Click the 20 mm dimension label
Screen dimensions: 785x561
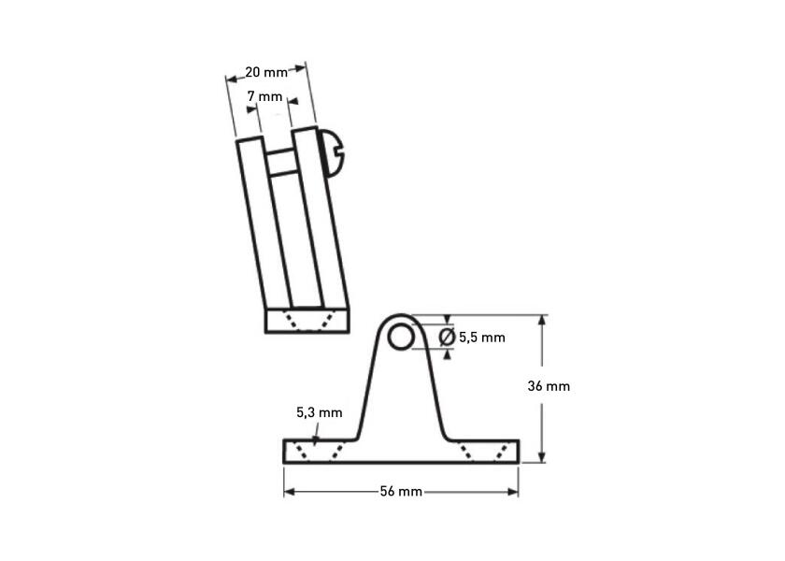[x=266, y=73]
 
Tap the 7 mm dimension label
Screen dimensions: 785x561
[x=264, y=96]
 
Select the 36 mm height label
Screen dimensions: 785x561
[x=549, y=386]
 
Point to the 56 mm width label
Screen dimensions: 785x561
[x=401, y=492]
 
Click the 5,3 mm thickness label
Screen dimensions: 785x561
[x=320, y=412]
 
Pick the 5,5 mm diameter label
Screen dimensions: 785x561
[x=482, y=338]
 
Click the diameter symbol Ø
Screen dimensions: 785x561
[x=447, y=338]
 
